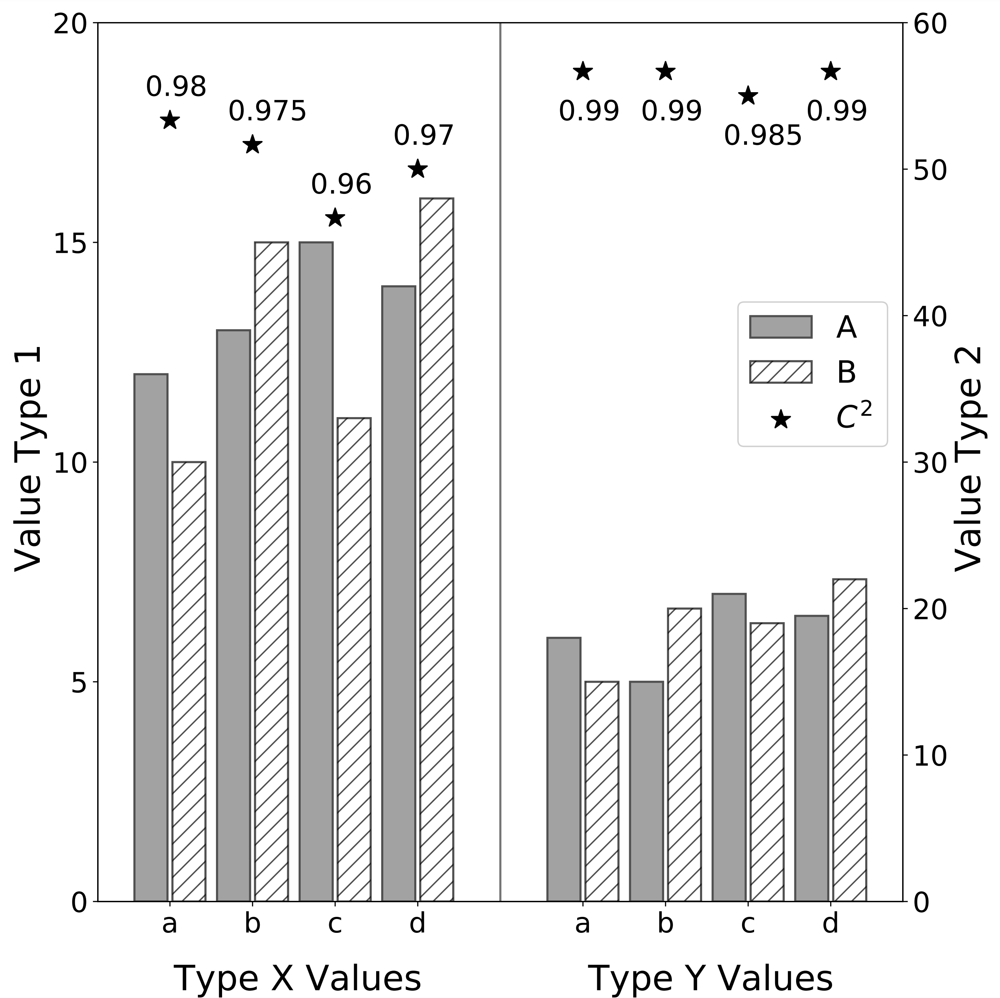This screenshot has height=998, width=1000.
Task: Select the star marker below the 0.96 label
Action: (x=335, y=218)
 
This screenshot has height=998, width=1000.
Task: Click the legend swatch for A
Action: (x=780, y=327)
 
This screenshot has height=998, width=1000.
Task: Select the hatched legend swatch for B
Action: (x=780, y=372)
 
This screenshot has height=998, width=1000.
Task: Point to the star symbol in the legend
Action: (x=780, y=419)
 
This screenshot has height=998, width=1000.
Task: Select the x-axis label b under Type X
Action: (x=253, y=923)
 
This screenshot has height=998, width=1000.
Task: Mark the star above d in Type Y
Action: (x=830, y=72)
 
